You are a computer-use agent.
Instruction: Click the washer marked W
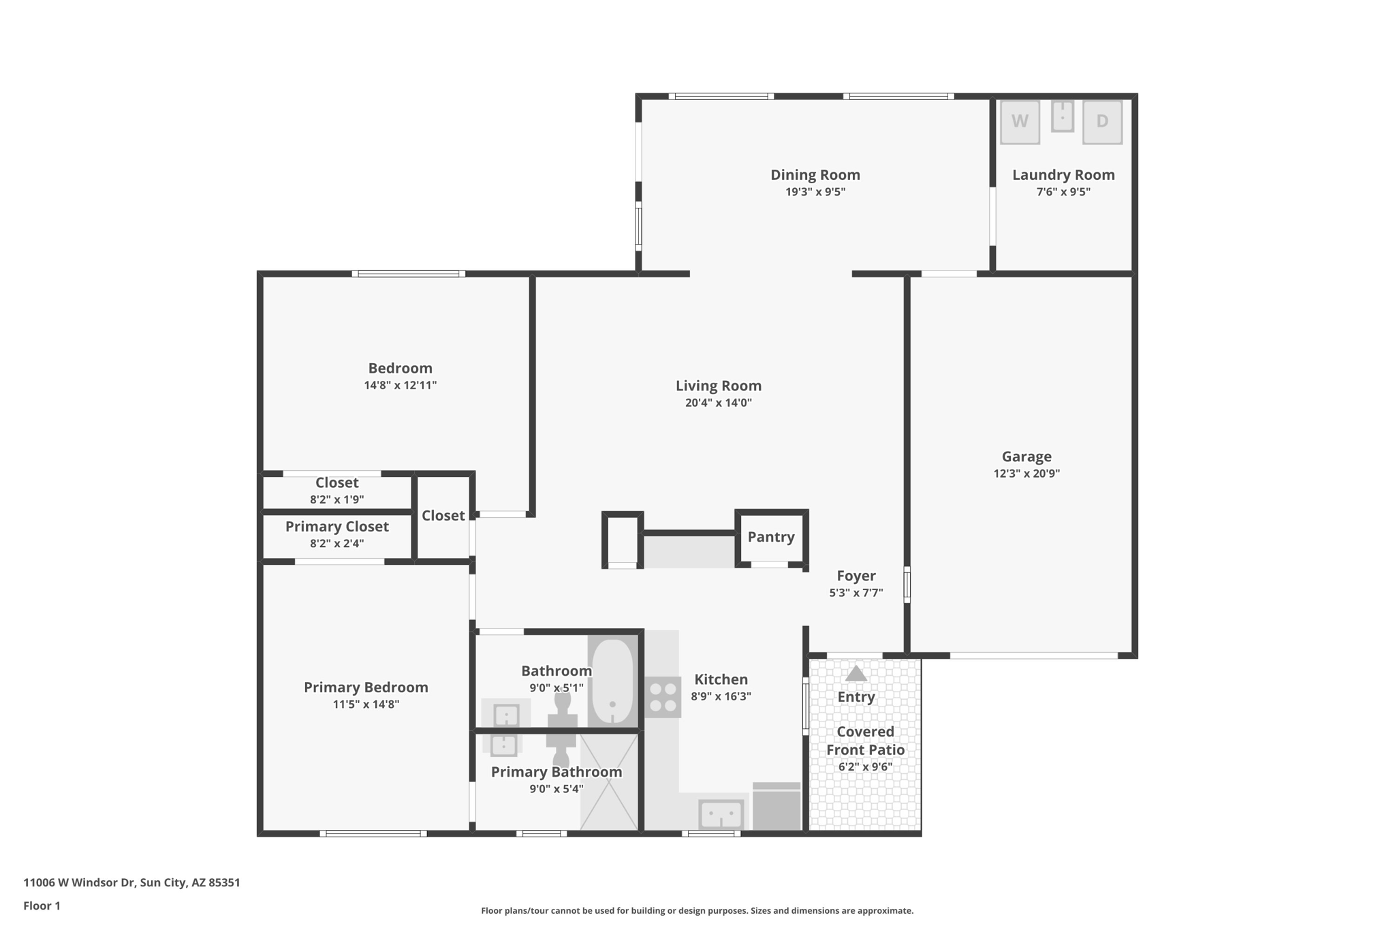(x=1020, y=122)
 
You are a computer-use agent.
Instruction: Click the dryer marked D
(x=1102, y=122)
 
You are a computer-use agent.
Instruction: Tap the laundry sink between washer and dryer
(x=1062, y=116)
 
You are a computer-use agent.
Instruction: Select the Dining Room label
(x=815, y=174)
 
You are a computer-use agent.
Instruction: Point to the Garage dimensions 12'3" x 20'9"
(x=1026, y=474)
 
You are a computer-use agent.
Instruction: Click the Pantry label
(x=771, y=537)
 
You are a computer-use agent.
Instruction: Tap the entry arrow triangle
(x=856, y=673)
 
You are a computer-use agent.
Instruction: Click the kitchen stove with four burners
(x=663, y=697)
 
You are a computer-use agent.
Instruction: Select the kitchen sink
(x=721, y=814)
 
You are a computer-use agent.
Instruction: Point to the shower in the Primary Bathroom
(x=608, y=782)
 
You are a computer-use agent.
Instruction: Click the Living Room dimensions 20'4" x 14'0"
(x=719, y=403)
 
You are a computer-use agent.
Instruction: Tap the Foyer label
(x=856, y=576)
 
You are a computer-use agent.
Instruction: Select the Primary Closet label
(x=337, y=527)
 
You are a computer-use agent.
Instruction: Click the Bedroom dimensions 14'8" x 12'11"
(x=401, y=385)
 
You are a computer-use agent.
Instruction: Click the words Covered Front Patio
(x=866, y=741)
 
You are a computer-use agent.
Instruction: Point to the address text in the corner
(x=132, y=882)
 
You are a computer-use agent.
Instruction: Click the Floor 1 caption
(x=42, y=905)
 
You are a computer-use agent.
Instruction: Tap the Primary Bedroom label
(x=366, y=687)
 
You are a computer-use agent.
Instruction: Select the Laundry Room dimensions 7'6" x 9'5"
(x=1063, y=192)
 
